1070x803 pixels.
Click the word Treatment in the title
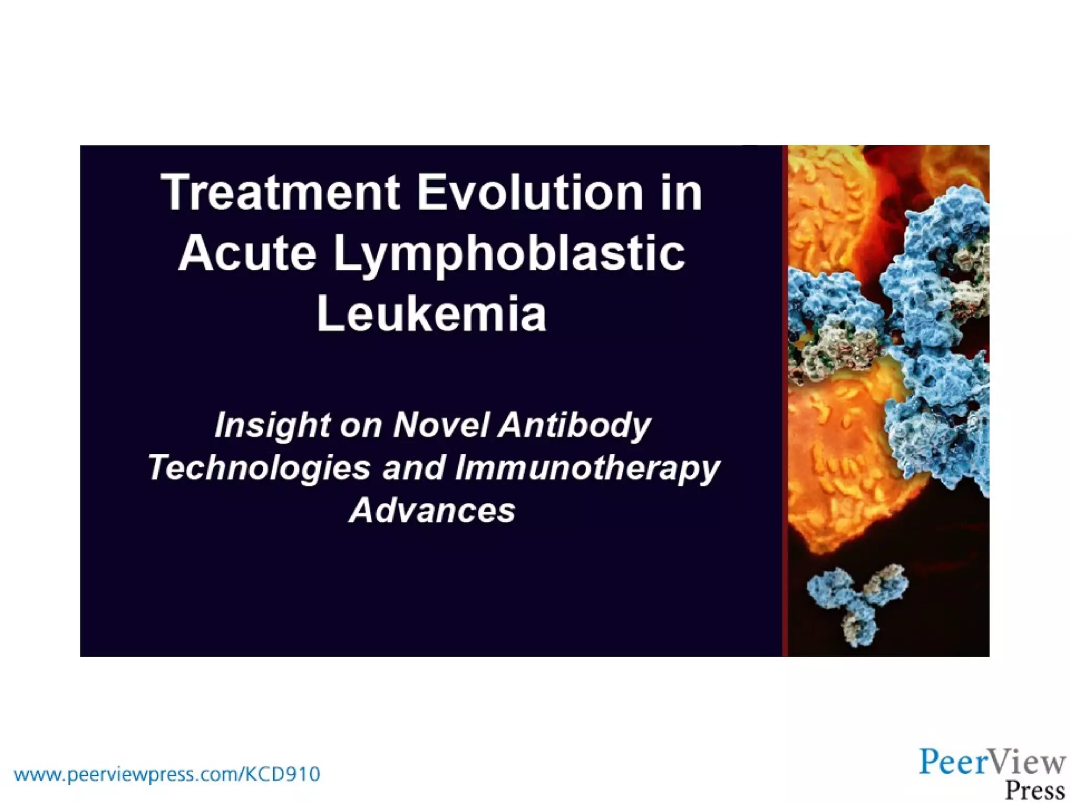[280, 193]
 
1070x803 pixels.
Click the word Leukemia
[431, 314]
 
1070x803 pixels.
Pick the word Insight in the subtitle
[272, 426]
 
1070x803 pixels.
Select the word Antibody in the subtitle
[574, 426]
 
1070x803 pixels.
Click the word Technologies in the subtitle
[259, 468]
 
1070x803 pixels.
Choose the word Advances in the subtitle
[432, 510]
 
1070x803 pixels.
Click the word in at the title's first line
[682, 193]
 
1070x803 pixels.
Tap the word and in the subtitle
[413, 468]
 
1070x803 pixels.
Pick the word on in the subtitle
[360, 426]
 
